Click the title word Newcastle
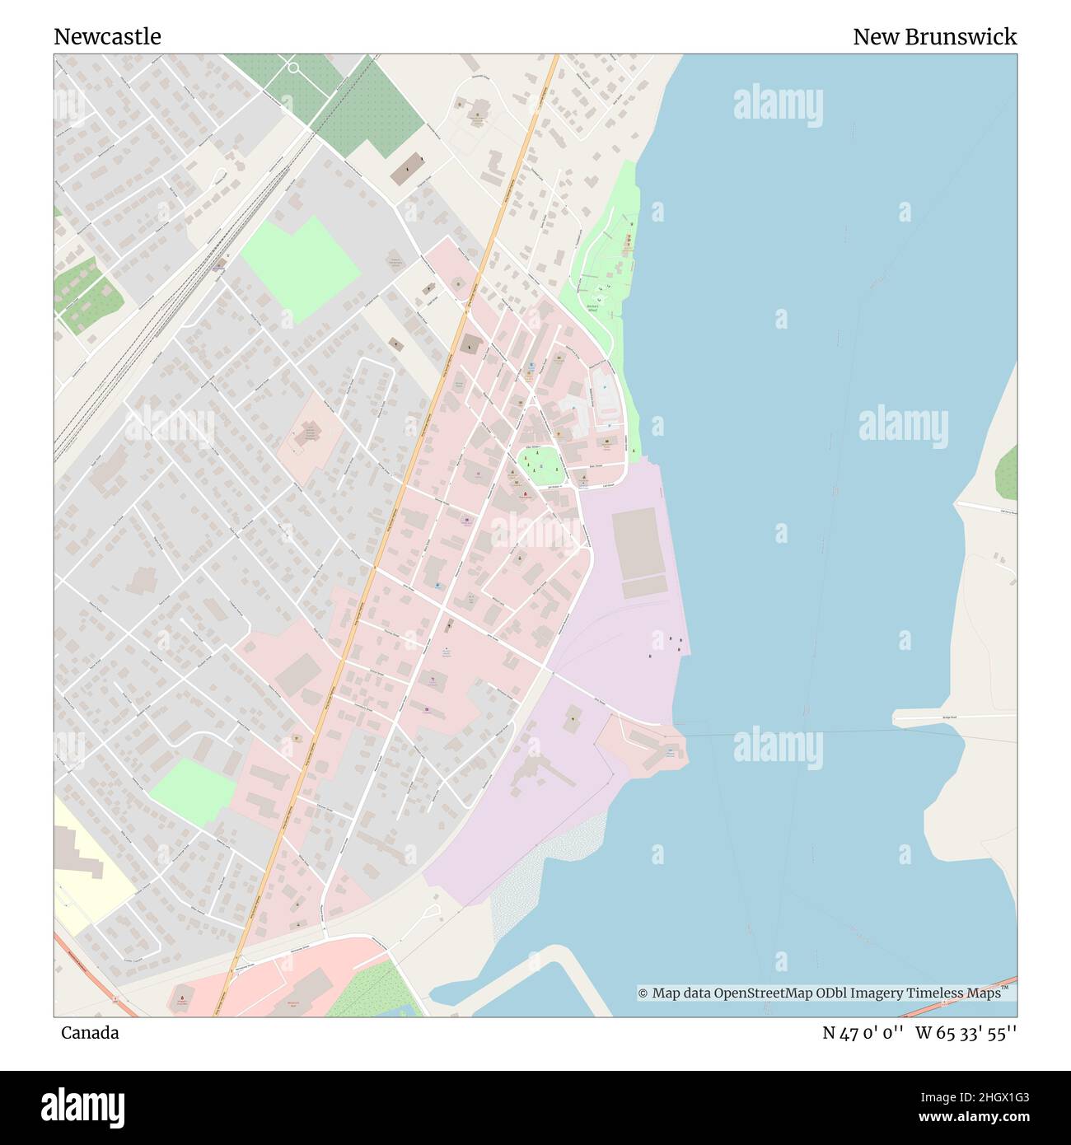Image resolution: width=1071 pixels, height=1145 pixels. pyautogui.click(x=107, y=36)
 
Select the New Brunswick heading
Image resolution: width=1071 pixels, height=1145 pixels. pyautogui.click(x=934, y=36)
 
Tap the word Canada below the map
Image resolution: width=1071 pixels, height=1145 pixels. pyautogui.click(x=89, y=1032)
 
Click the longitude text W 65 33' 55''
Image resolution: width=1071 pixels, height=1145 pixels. pyautogui.click(x=966, y=1033)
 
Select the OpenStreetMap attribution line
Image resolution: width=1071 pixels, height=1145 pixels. pyautogui.click(x=820, y=993)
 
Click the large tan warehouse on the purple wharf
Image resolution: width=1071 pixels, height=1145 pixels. pyautogui.click(x=638, y=544)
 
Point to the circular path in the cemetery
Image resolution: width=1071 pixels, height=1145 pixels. pyautogui.click(x=294, y=68)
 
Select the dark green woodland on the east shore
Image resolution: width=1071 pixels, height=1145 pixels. pyautogui.click(x=1006, y=474)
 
